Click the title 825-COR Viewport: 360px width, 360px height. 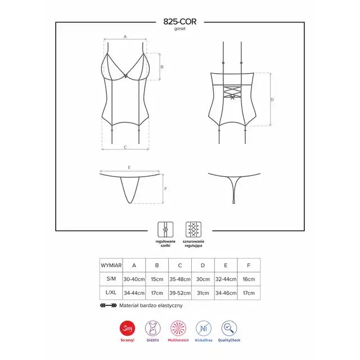180,21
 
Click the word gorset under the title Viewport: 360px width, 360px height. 180,29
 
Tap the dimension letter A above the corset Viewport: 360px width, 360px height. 125,37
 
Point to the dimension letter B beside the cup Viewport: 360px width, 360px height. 162,67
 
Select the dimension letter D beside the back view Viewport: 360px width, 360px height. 272,100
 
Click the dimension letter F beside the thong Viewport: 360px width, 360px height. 165,189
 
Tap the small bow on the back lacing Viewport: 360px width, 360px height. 232,97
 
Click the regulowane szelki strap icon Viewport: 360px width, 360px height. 165,229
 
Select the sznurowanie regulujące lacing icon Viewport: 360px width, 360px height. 193,229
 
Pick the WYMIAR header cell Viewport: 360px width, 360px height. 111,265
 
